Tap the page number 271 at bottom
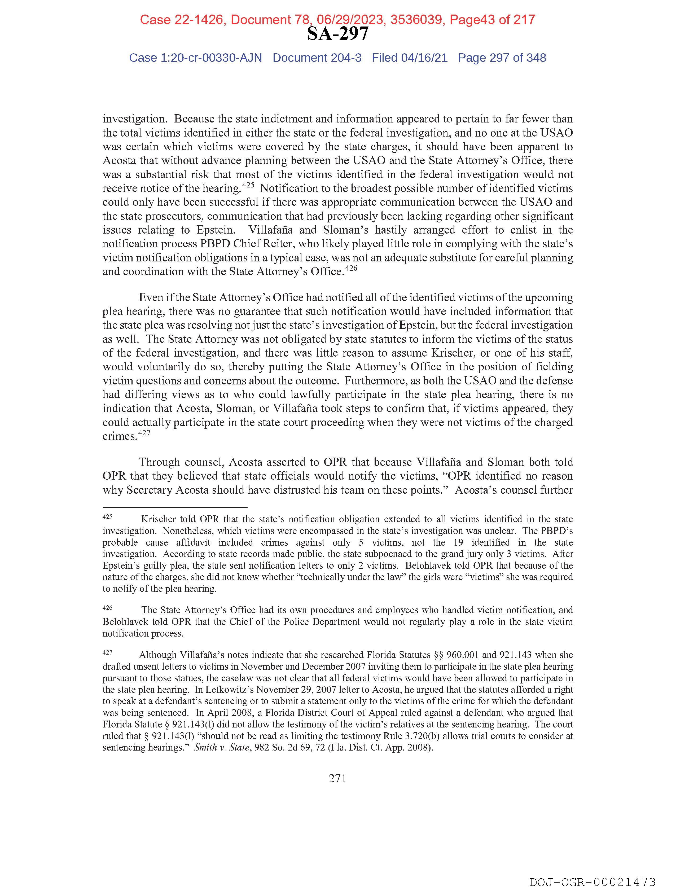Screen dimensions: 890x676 [337, 779]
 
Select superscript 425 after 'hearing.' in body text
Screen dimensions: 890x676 [248, 186]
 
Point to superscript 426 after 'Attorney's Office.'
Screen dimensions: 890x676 [351, 268]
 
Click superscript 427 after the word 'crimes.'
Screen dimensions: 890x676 [144, 433]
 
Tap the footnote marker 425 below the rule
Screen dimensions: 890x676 [107, 517]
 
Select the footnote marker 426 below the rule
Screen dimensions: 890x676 [107, 608]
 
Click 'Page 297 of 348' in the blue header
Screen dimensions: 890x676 [502, 58]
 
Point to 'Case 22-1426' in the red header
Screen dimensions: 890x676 [182, 20]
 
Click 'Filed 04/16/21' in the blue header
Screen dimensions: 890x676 [409, 58]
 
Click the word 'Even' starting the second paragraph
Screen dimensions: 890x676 [150, 298]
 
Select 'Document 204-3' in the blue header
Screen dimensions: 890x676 [317, 58]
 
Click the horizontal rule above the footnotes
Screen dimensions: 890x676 [175, 508]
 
